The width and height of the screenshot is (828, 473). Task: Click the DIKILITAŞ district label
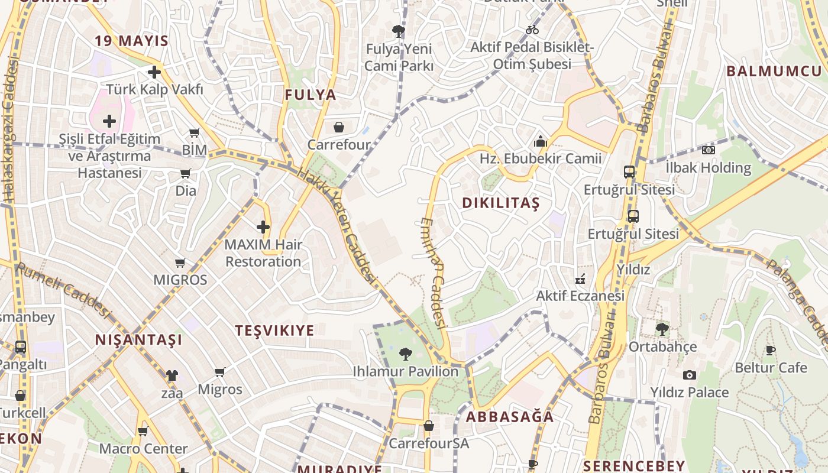pyautogui.click(x=501, y=203)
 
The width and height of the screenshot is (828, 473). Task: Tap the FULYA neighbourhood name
pyautogui.click(x=310, y=95)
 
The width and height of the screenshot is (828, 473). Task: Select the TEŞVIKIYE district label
pyautogui.click(x=274, y=331)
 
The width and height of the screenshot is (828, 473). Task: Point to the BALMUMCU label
pyautogui.click(x=774, y=72)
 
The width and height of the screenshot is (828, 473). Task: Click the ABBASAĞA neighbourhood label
pyautogui.click(x=510, y=417)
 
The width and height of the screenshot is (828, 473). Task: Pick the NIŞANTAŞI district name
pyautogui.click(x=139, y=340)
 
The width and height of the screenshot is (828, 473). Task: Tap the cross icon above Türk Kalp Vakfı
pyautogui.click(x=154, y=72)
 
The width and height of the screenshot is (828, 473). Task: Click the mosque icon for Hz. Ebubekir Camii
pyautogui.click(x=540, y=141)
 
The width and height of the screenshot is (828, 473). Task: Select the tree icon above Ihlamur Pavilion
pyautogui.click(x=406, y=354)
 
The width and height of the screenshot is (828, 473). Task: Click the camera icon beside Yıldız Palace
pyautogui.click(x=689, y=375)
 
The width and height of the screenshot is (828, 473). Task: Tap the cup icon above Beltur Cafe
pyautogui.click(x=770, y=350)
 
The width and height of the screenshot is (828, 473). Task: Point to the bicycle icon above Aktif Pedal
pyautogui.click(x=532, y=30)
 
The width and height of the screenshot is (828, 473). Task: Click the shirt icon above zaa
pyautogui.click(x=172, y=375)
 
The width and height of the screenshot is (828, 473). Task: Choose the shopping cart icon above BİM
pyautogui.click(x=194, y=133)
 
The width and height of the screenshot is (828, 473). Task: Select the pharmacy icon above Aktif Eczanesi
pyautogui.click(x=580, y=278)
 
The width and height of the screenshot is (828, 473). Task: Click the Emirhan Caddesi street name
pyautogui.click(x=434, y=272)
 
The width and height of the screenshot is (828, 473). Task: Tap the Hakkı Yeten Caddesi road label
pyautogui.click(x=337, y=225)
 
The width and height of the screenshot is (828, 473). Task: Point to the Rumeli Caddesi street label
pyautogui.click(x=63, y=290)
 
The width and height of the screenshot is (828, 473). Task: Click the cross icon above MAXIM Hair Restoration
pyautogui.click(x=263, y=226)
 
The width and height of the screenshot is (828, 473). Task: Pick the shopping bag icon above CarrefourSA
pyautogui.click(x=429, y=426)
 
